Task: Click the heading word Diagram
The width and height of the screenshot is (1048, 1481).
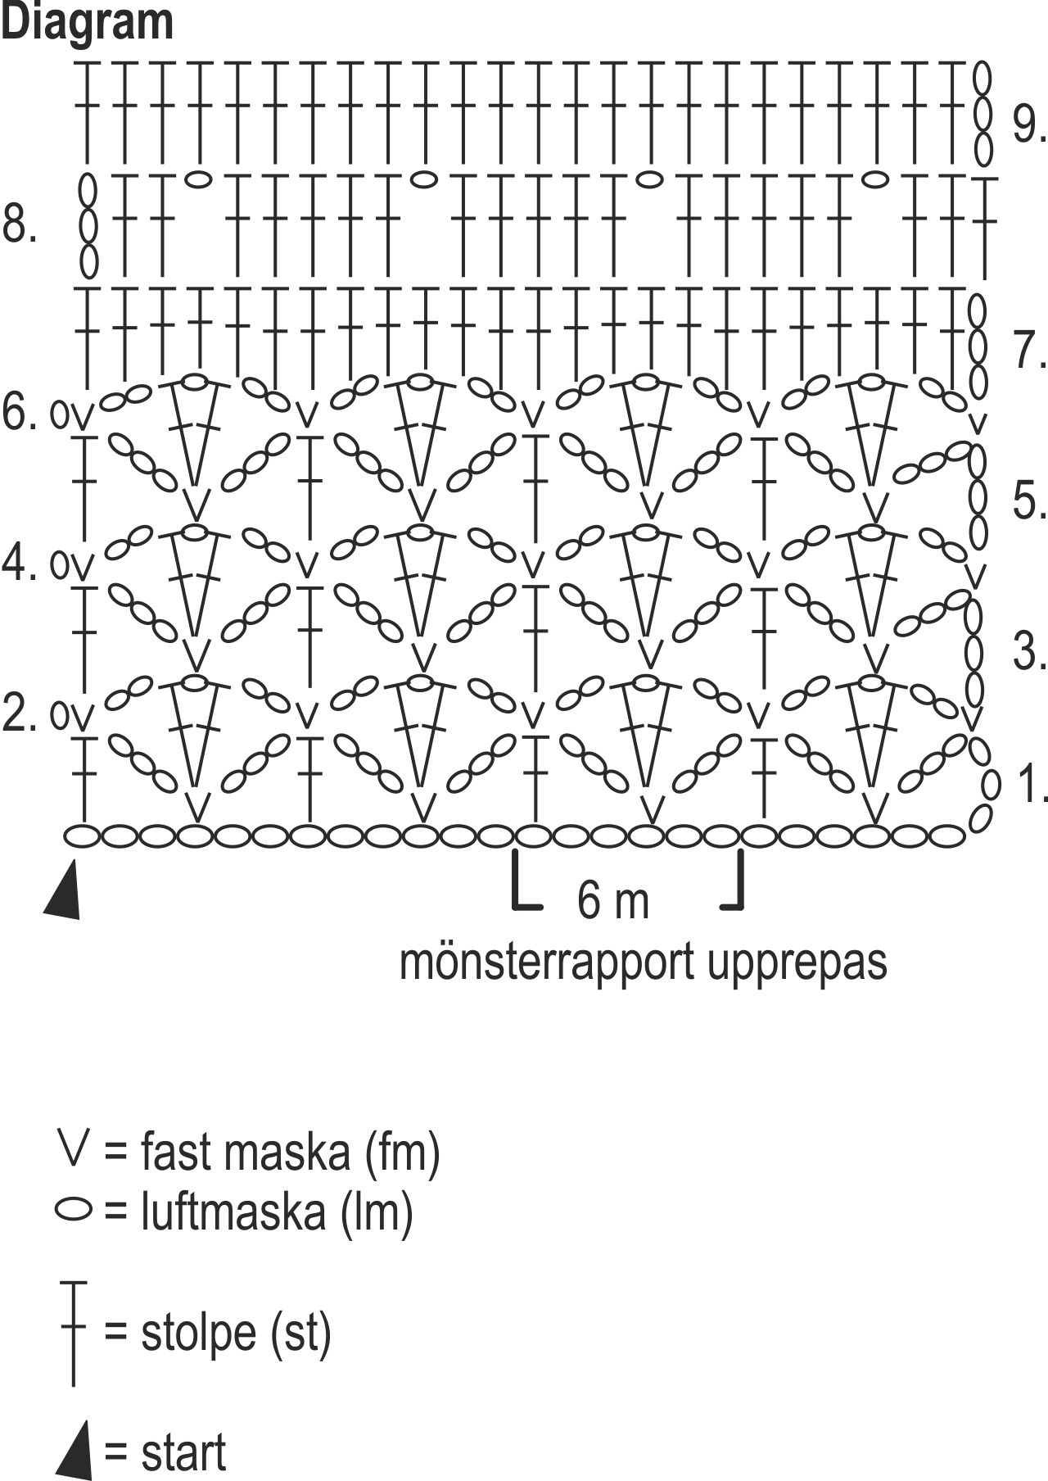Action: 87,21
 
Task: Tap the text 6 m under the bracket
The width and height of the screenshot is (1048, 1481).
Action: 612,901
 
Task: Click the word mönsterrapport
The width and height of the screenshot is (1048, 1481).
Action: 547,962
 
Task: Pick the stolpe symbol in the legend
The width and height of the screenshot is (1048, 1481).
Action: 74,1331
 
